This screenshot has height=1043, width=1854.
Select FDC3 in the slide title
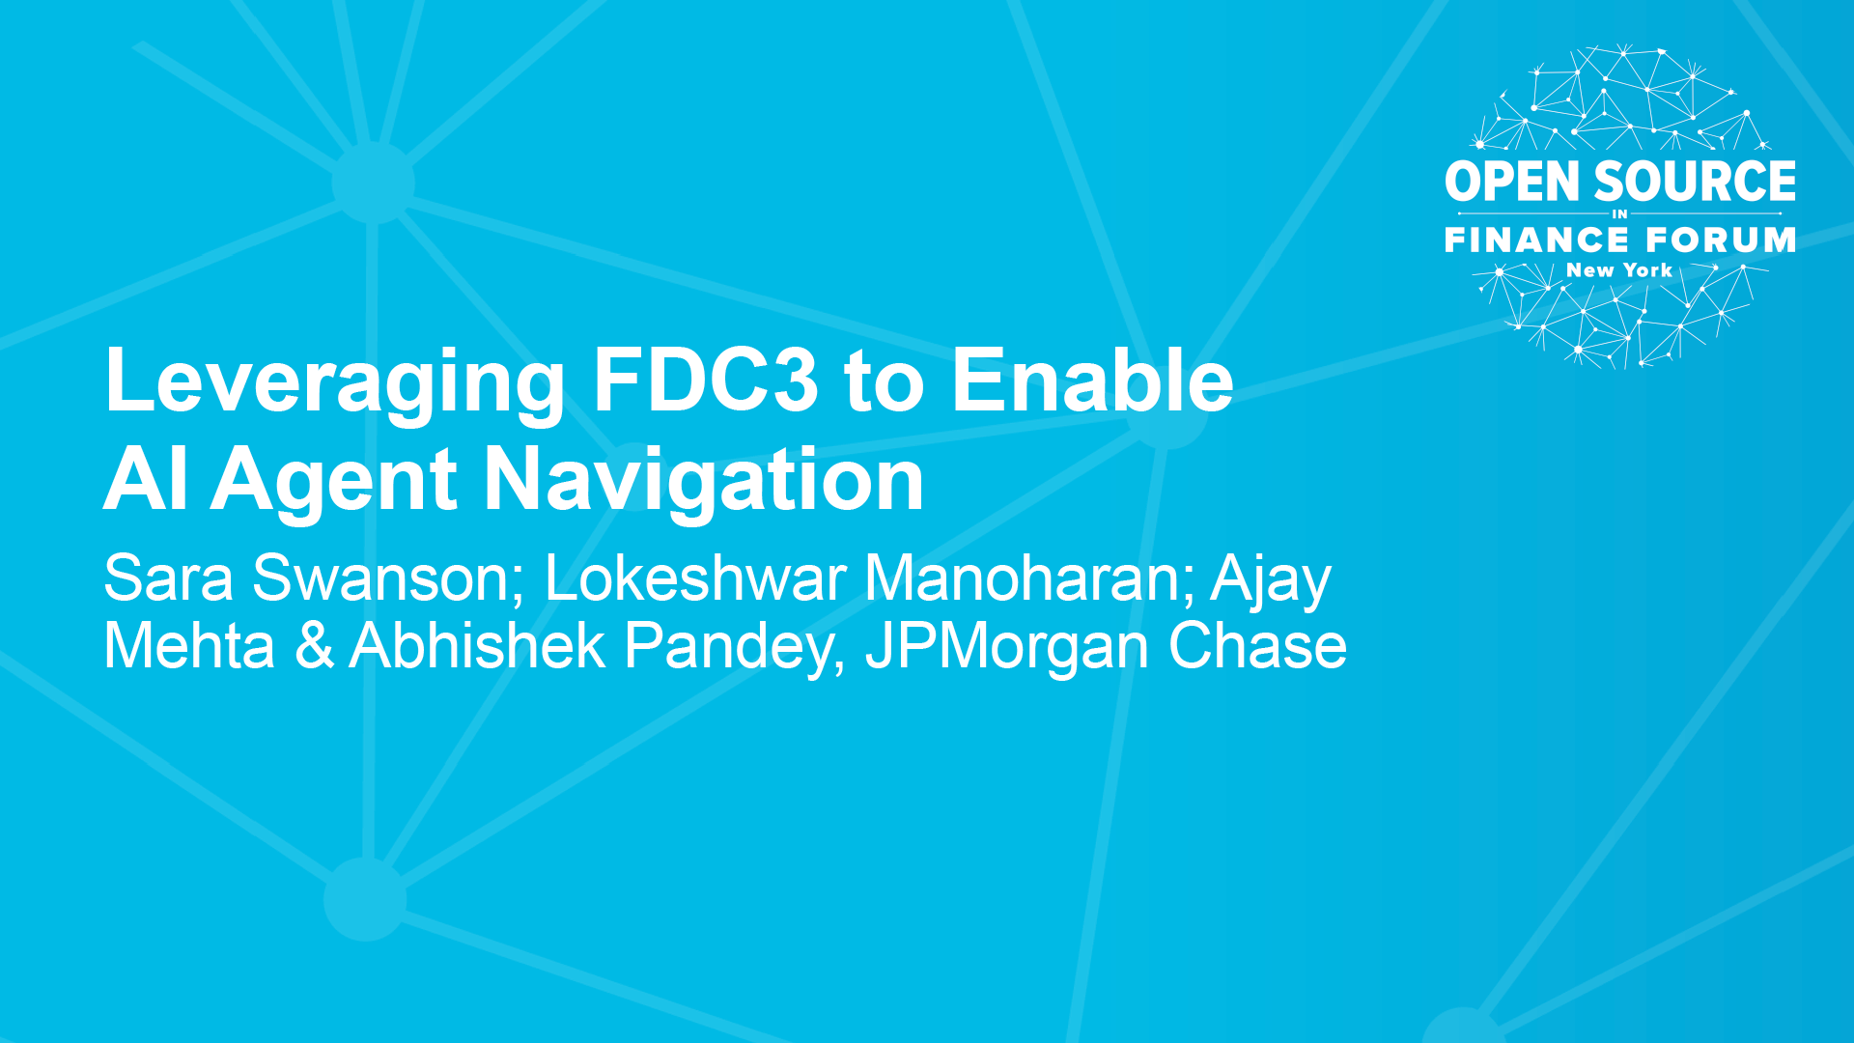tap(705, 380)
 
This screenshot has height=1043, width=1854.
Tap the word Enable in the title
tap(1092, 380)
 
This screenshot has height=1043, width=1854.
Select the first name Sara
tap(168, 578)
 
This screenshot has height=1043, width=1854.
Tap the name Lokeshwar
tap(695, 578)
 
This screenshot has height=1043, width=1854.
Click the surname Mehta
tap(189, 645)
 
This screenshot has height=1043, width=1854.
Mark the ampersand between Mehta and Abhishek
tap(315, 645)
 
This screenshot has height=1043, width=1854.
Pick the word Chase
tap(1257, 645)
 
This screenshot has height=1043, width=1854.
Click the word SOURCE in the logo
tap(1695, 182)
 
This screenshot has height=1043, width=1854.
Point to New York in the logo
tap(1619, 270)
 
